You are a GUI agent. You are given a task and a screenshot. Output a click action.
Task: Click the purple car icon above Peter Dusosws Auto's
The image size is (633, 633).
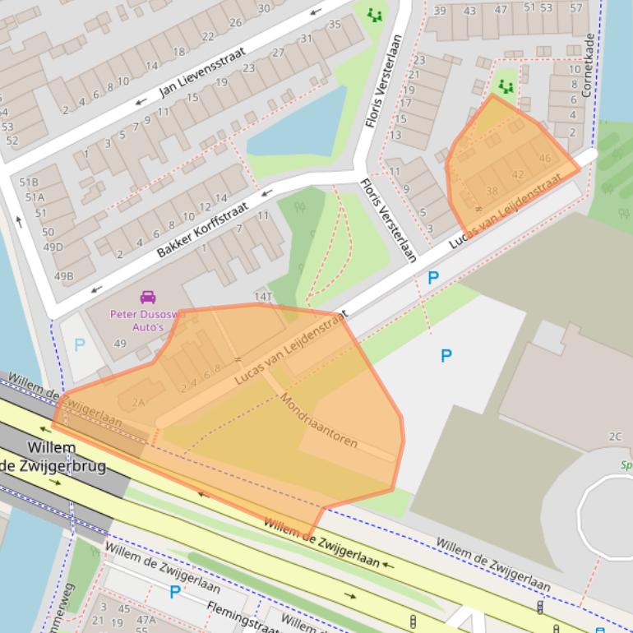(x=148, y=297)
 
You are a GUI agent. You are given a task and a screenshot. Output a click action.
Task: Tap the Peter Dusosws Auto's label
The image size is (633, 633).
(x=148, y=321)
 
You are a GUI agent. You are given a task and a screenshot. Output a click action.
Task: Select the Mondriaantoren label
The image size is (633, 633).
(x=319, y=420)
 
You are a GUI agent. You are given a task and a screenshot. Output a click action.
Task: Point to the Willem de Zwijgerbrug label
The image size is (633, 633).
(x=53, y=457)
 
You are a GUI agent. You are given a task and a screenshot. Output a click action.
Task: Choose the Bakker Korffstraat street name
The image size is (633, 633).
(x=202, y=229)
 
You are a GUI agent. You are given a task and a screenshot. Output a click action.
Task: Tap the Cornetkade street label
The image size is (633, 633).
(x=588, y=65)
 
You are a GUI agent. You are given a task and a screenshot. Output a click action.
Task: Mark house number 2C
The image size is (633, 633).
(x=615, y=437)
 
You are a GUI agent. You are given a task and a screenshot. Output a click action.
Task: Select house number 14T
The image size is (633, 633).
(x=262, y=297)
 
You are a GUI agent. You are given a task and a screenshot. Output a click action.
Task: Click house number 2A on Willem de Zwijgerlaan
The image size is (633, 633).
(x=137, y=402)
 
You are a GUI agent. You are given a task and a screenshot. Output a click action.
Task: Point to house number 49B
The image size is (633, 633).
(x=63, y=276)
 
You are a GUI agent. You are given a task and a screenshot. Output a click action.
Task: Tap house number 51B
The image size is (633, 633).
(x=30, y=183)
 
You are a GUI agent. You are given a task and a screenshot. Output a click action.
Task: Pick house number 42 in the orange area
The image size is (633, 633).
(x=517, y=174)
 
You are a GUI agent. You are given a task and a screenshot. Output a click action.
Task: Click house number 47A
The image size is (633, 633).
(x=146, y=620)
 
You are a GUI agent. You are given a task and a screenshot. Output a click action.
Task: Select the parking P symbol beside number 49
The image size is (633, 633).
(x=79, y=345)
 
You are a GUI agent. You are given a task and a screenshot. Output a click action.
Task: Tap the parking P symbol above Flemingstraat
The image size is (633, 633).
(x=174, y=592)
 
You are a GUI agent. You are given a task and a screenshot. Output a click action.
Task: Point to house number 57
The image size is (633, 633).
(x=575, y=9)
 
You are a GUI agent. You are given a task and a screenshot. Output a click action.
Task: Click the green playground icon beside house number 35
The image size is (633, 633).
(x=375, y=15)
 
